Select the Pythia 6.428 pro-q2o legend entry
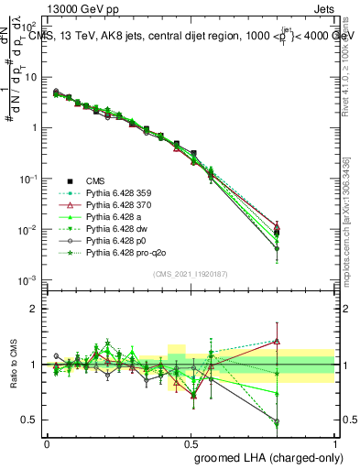pyautogui.click(x=128, y=262)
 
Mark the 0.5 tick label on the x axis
pyautogui.click(x=191, y=443)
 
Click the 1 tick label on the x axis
pyautogui.click(x=333, y=443)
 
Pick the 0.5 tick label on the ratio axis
pyautogui.click(x=29, y=420)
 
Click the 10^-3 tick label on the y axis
pyautogui.click(x=27, y=278)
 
